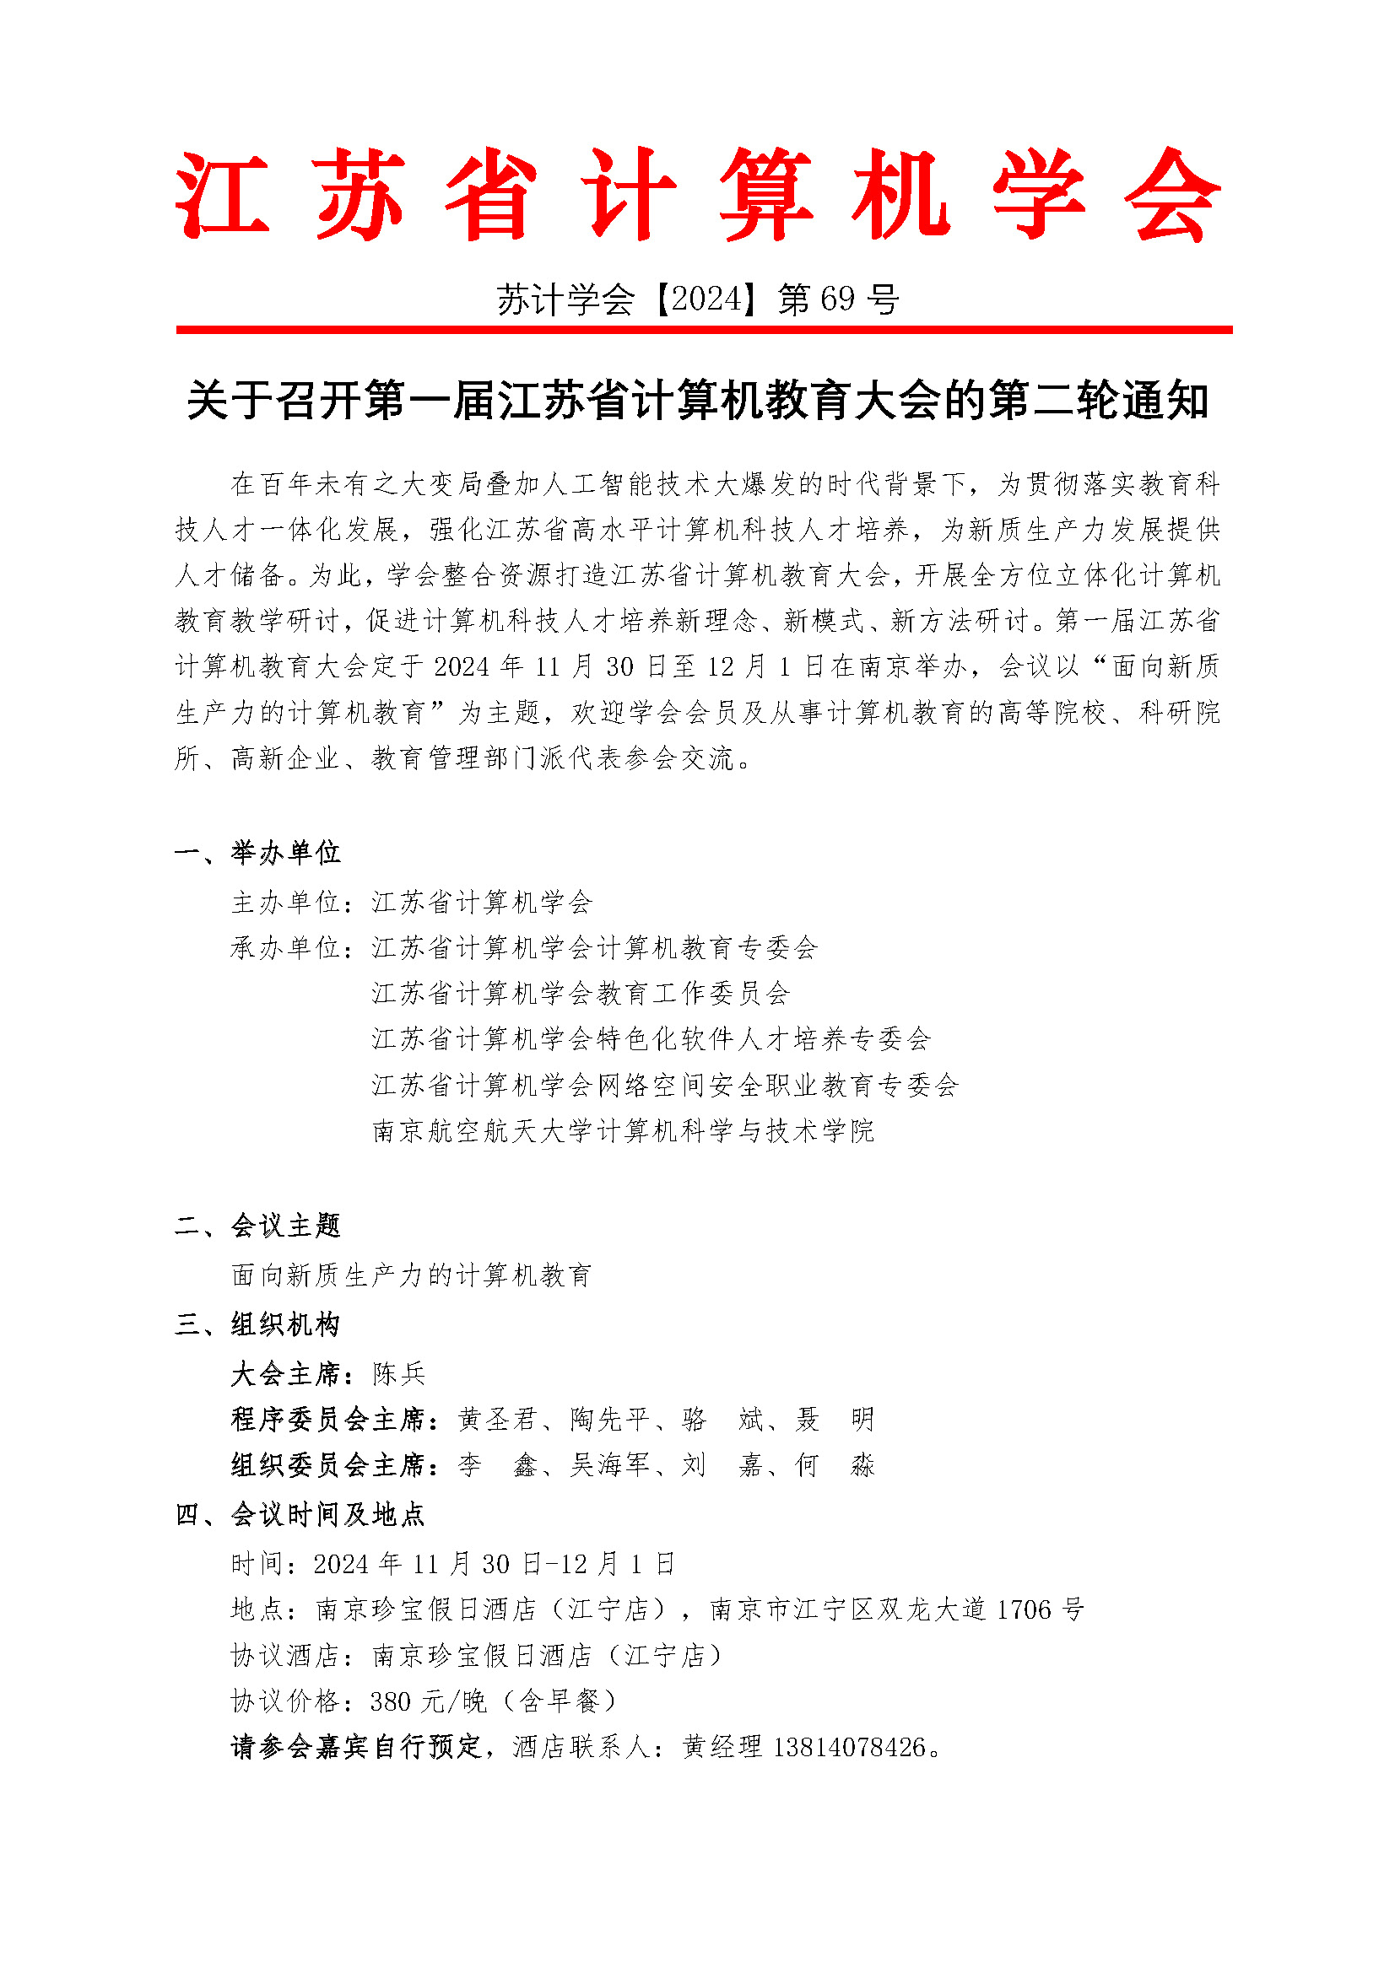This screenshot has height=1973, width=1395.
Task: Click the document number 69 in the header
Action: (x=837, y=299)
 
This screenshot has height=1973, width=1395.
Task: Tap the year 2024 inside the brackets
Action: (x=706, y=299)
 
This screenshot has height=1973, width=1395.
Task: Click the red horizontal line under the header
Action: (x=704, y=329)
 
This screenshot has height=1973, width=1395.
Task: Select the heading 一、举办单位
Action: (x=258, y=853)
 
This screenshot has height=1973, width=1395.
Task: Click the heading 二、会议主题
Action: (x=258, y=1226)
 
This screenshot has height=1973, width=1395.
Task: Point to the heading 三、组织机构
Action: (x=258, y=1324)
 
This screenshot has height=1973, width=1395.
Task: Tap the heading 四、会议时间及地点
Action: (x=300, y=1514)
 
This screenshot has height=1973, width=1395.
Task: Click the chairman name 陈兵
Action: (x=399, y=1374)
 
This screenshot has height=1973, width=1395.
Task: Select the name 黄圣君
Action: (x=498, y=1420)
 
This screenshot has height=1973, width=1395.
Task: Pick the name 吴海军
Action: (x=610, y=1465)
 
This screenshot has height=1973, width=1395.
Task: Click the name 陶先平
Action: (x=610, y=1420)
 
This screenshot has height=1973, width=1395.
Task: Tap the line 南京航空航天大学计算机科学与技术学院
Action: (x=623, y=1131)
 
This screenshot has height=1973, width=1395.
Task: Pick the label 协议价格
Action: (x=286, y=1701)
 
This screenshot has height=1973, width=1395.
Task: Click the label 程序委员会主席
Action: (x=328, y=1420)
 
